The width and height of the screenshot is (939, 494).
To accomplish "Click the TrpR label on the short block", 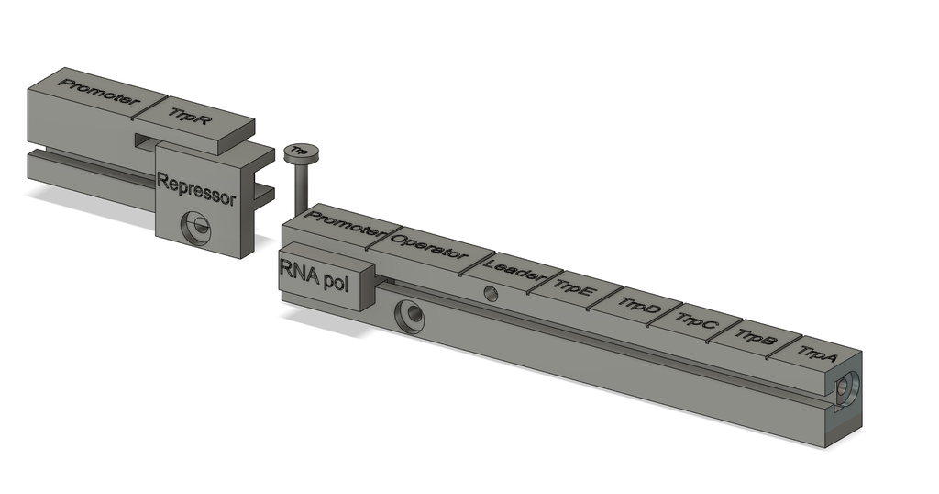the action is (x=189, y=116).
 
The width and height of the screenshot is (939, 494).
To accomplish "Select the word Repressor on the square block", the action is (x=196, y=189).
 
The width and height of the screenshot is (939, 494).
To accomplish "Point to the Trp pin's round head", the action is (x=301, y=152).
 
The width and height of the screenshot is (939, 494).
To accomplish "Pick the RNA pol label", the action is (x=314, y=275).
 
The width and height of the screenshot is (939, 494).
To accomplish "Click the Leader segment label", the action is (x=513, y=270).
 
